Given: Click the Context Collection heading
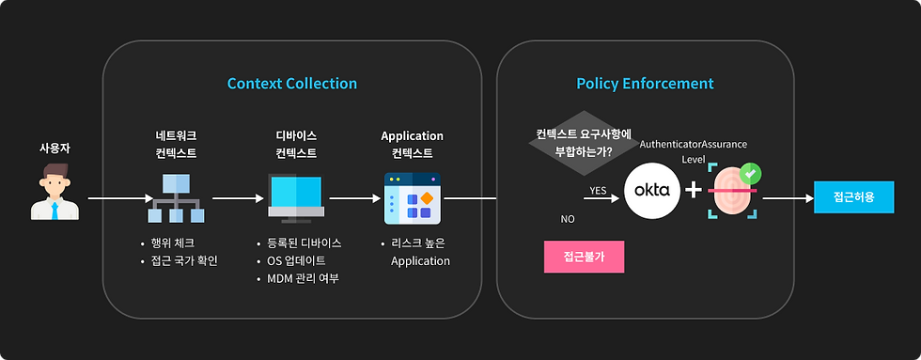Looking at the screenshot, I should (292, 84).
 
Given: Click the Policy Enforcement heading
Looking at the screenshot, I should (645, 84).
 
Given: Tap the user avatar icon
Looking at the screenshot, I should (55, 191).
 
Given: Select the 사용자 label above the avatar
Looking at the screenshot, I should (55, 149).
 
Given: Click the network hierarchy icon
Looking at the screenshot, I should (178, 197).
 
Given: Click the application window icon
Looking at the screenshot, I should (412, 197).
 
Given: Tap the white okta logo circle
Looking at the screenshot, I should (652, 191).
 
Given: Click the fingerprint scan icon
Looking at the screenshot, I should (731, 191).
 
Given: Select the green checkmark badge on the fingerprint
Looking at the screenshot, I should (750, 173).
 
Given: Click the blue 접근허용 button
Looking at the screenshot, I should (853, 197).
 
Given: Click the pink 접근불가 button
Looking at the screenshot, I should (584, 256).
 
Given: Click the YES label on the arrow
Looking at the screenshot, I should (598, 190).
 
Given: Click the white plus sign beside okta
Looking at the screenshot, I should (693, 191).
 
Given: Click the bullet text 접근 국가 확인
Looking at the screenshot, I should (184, 260).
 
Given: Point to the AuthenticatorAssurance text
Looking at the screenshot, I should (693, 145).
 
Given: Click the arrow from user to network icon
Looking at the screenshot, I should (118, 198).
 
